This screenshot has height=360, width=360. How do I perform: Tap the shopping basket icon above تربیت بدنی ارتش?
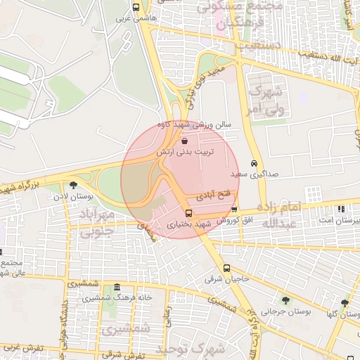[184, 141]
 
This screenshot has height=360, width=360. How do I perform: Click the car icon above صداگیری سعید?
[254, 162]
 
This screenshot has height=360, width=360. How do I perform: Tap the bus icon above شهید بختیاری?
[188, 213]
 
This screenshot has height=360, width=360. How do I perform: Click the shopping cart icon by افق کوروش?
[234, 210]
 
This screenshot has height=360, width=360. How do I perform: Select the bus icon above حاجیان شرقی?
[226, 268]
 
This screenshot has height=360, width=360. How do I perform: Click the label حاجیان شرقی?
[227, 278]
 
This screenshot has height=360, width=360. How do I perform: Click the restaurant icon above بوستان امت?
[341, 209]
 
